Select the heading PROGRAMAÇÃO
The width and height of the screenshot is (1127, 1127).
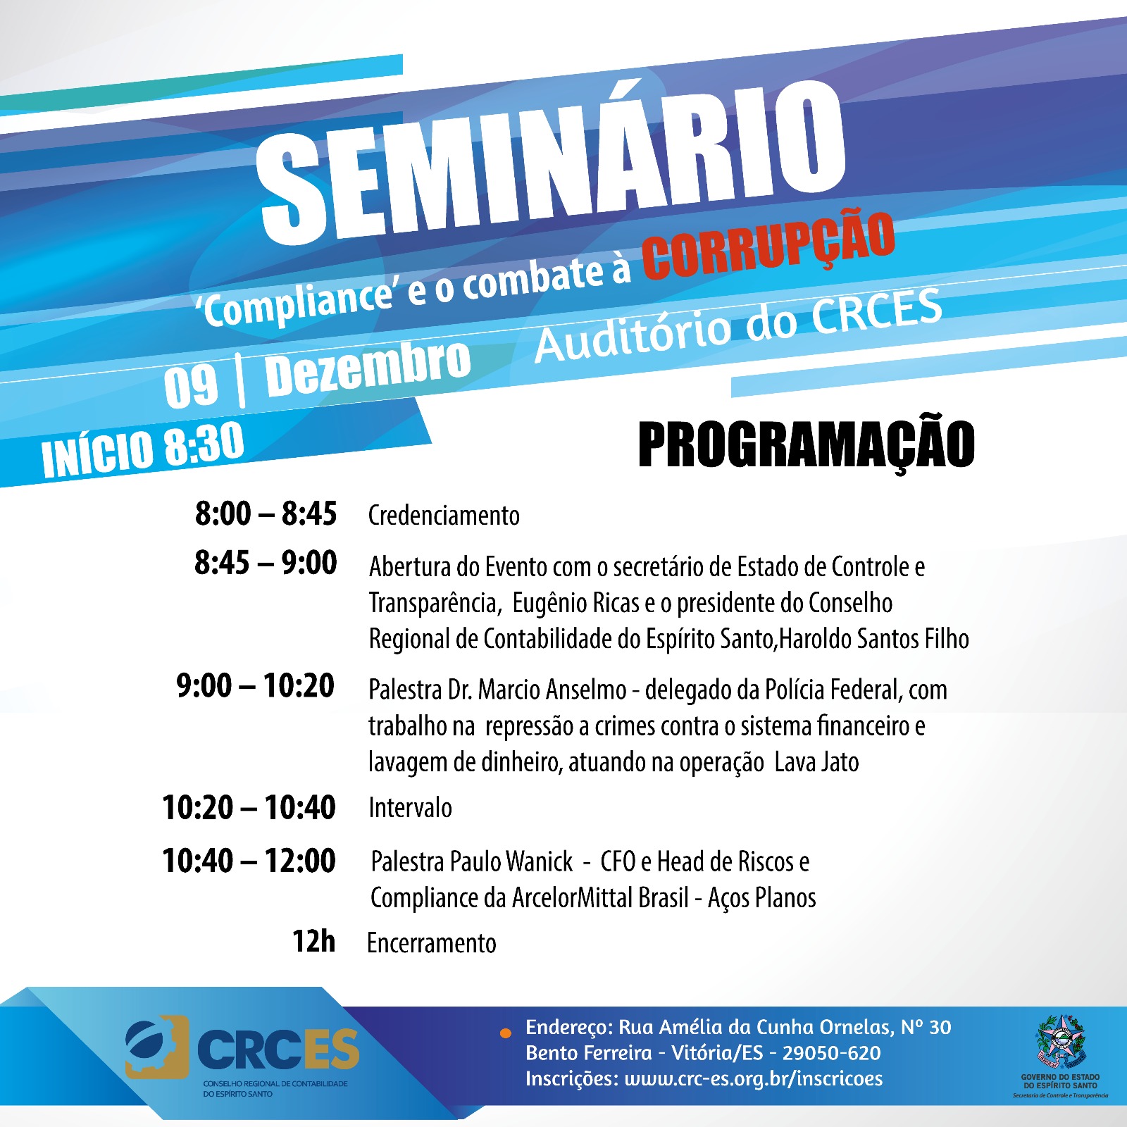pos(807,445)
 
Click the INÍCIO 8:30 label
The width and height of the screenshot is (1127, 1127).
pos(143,451)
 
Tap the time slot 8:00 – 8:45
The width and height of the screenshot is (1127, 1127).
pos(266,513)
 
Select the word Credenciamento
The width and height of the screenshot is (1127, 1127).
pos(444,516)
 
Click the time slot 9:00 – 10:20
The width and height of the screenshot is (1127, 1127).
pos(256,685)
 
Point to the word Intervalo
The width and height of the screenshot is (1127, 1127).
pos(410,807)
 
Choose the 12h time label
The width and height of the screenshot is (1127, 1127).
pos(314,941)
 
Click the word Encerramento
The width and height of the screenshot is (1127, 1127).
pos(432,943)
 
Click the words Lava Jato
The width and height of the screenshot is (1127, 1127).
pos(817,762)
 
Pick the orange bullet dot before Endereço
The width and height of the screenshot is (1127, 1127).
pos(505,1033)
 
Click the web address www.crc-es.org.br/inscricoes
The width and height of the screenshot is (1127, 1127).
pos(753,1078)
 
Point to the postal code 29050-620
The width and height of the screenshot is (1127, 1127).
pos(831,1053)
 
